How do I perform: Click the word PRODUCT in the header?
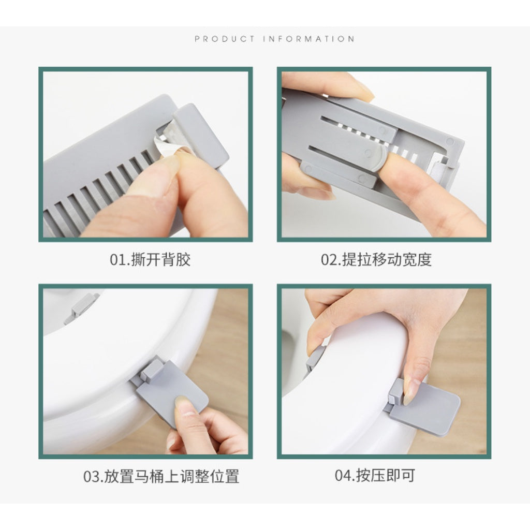pos(225,39)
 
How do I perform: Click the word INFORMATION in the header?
pos(308,39)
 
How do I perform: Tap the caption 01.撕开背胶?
pos(150,260)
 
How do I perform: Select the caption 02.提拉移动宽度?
pos(376,260)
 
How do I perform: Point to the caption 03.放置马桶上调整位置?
pos(161,476)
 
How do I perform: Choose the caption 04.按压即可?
pos(375,476)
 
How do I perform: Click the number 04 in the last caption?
pos(343,476)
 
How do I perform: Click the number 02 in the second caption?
pos(329,260)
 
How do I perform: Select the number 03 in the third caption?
pos(91,476)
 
